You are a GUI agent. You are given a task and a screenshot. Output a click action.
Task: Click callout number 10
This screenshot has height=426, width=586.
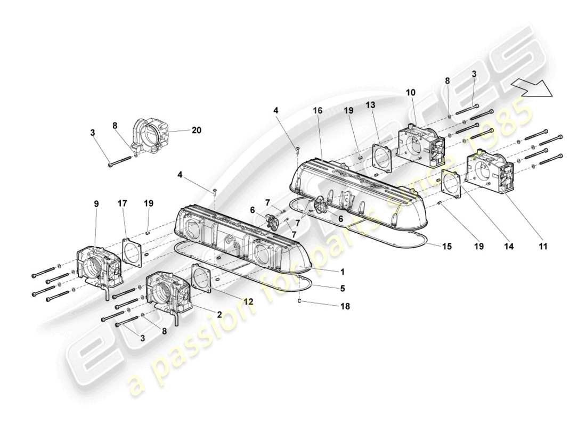click(x=410, y=92)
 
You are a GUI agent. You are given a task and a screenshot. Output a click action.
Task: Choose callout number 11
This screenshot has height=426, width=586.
click(x=542, y=247)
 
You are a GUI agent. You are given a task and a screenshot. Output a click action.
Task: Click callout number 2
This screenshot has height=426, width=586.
click(x=219, y=315)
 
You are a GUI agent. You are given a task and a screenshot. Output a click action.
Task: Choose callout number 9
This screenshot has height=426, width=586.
click(x=96, y=203)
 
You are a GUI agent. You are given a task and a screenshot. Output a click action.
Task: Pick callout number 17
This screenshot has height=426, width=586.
click(x=123, y=203)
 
